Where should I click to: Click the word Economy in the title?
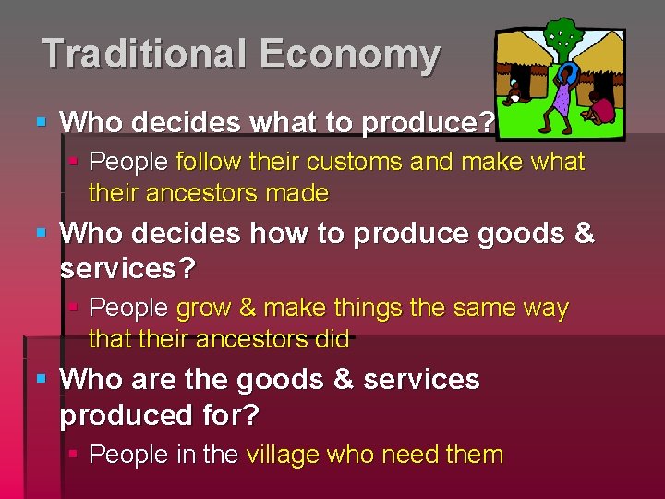pyautogui.click(x=350, y=54)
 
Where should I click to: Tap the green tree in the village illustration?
pyautogui.click(x=562, y=39)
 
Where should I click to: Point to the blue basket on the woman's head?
pyautogui.click(x=569, y=72)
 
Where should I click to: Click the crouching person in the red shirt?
pyautogui.click(x=603, y=108)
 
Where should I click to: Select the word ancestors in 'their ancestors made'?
pyautogui.click(x=195, y=193)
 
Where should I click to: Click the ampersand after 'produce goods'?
pyautogui.click(x=584, y=234)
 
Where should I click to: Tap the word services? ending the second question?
pyautogui.click(x=127, y=269)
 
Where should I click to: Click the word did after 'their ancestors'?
pyautogui.click(x=332, y=339)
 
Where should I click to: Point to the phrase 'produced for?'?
pyautogui.click(x=159, y=415)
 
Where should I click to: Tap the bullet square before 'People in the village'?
pyautogui.click(x=75, y=455)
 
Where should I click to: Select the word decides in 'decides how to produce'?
pyautogui.click(x=194, y=234)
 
